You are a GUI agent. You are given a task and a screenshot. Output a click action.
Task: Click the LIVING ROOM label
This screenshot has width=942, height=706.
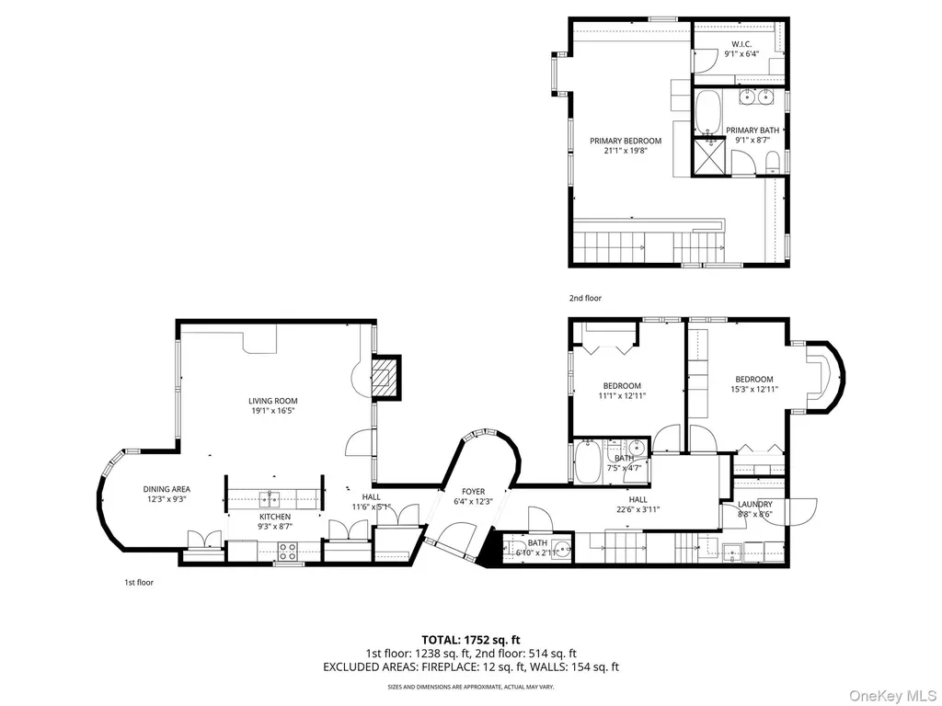(x=272, y=401)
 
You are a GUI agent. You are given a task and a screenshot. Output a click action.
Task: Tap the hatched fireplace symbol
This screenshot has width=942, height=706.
(x=385, y=378)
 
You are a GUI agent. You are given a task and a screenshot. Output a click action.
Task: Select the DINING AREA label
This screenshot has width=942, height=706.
(x=167, y=489)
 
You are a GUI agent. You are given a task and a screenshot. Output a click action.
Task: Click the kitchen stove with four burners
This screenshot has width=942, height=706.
(x=287, y=552)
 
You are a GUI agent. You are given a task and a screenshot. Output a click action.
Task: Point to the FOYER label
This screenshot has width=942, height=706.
(x=474, y=492)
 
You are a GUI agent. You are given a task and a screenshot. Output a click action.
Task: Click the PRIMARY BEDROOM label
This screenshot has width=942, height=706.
(x=626, y=141)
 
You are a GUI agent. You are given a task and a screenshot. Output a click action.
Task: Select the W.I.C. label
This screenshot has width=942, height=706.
(x=741, y=44)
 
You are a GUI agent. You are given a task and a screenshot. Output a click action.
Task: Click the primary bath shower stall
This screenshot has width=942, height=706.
(x=709, y=157)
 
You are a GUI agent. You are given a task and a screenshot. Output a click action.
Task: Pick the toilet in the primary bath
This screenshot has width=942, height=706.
(x=773, y=161)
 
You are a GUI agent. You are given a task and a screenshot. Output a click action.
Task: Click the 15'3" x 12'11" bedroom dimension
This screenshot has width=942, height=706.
(x=754, y=389)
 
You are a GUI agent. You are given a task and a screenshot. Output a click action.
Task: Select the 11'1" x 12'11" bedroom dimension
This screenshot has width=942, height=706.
(x=622, y=395)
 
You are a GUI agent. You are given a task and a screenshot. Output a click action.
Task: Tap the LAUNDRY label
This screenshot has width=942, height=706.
(x=755, y=505)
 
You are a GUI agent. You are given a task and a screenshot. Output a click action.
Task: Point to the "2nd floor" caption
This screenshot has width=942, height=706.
(x=585, y=298)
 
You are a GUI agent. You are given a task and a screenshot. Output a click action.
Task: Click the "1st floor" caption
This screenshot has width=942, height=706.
(x=139, y=582)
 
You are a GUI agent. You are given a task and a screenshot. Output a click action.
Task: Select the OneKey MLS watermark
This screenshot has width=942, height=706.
(x=892, y=695)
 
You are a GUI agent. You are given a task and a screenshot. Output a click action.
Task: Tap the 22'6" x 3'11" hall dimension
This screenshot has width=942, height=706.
(x=638, y=509)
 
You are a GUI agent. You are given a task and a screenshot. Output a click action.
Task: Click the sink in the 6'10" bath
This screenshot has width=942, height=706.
(x=562, y=548)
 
